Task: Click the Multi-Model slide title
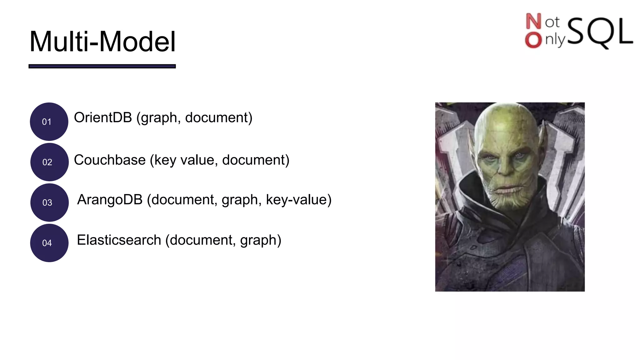[102, 42]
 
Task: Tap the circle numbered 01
[49, 122]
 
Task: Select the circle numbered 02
[49, 162]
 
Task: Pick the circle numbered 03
[49, 202]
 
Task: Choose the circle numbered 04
[49, 243]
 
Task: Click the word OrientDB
[103, 117]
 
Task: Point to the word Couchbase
[110, 160]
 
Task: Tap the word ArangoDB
[110, 200]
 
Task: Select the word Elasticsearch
[119, 240]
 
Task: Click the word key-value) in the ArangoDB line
[298, 200]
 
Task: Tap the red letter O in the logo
[533, 40]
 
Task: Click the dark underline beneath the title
[102, 66]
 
